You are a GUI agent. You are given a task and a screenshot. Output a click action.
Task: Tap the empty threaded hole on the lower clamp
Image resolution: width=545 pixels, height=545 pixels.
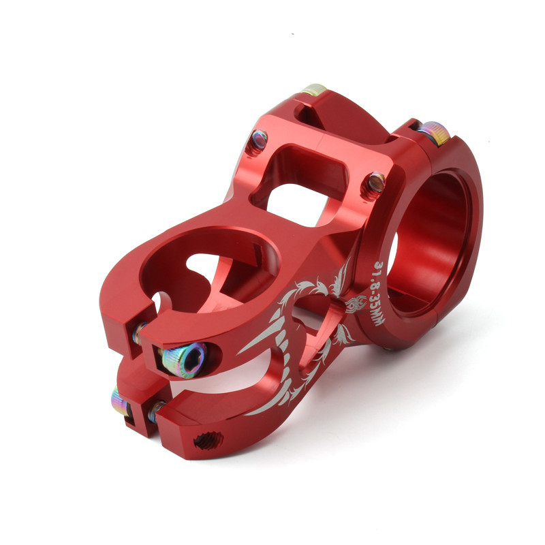[x=208, y=441]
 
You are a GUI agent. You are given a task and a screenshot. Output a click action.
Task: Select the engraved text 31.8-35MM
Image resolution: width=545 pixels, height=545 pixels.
[x=379, y=294]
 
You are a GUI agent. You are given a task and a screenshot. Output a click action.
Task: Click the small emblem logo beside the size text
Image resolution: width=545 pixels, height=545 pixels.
[x=356, y=303]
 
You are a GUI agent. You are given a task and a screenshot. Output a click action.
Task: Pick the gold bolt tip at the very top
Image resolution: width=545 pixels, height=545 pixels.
[x=314, y=90]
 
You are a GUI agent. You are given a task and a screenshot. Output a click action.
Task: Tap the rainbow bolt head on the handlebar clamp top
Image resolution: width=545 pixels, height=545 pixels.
[x=435, y=133]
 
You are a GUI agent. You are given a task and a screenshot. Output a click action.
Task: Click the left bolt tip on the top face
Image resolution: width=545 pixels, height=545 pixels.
[x=259, y=140]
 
